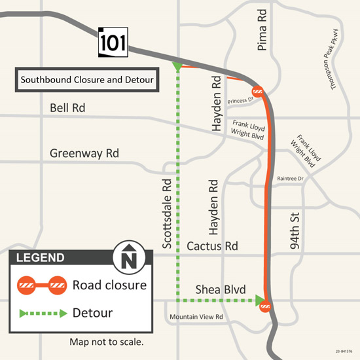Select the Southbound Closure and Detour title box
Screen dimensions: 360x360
(86, 81)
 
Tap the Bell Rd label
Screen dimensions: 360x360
(67, 107)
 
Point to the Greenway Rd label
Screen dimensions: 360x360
(84, 154)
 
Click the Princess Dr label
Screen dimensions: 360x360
(240, 101)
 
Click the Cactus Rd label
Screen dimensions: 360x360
(212, 247)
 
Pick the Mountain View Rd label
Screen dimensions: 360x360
(197, 317)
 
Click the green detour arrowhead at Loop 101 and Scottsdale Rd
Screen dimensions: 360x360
(177, 67)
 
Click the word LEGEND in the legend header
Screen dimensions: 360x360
(41, 257)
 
